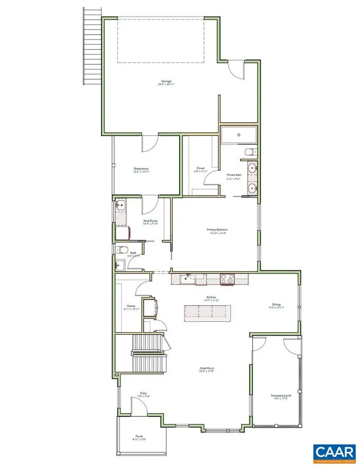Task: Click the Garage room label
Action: pos(166,82)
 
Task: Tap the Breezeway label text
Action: pos(141,168)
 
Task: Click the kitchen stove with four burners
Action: pos(227,279)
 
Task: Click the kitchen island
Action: pos(205,311)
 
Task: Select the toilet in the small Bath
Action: pos(119,249)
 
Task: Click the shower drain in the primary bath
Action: pos(239,135)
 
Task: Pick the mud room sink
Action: pos(120,205)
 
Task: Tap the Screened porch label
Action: pos(279,395)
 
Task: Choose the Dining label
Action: pos(277,304)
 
